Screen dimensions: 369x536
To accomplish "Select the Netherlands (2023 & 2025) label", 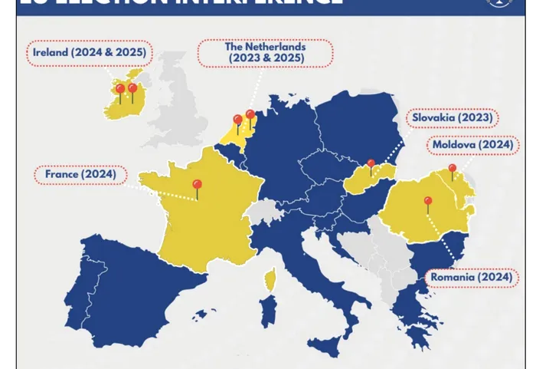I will [265, 53].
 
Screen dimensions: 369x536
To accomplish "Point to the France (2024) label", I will [80, 174].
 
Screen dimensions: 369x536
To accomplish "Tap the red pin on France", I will [197, 186].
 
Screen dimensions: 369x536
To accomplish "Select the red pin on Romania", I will [428, 203].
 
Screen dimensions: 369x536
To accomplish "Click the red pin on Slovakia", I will [371, 164].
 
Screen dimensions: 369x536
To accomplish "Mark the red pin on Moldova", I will [452, 169].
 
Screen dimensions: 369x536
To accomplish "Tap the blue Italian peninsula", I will [322, 269].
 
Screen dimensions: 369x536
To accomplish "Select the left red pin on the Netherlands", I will [237, 120].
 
